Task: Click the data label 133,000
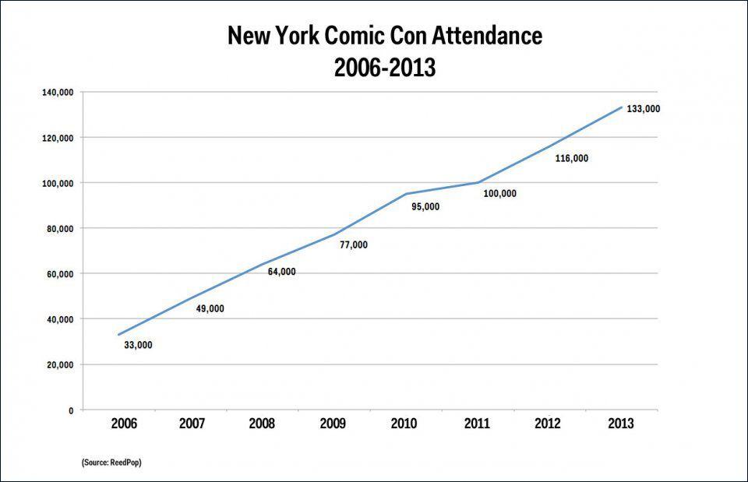coord(644,109)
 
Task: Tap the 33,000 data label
coord(138,345)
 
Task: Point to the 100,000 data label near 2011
coord(499,194)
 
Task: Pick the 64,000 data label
coord(281,272)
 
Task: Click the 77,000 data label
coord(353,245)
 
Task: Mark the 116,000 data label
coord(571,159)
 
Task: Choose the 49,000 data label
coord(210,309)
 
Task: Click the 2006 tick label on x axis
coord(125,424)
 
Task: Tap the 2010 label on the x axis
coord(404,424)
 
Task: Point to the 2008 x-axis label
coord(262,424)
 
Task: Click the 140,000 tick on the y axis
coord(58,93)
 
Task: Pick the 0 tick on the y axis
coord(71,410)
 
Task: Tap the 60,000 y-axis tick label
coord(60,274)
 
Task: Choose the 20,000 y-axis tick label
coord(60,365)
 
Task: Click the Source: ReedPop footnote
coord(111,463)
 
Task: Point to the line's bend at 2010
coord(406,194)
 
